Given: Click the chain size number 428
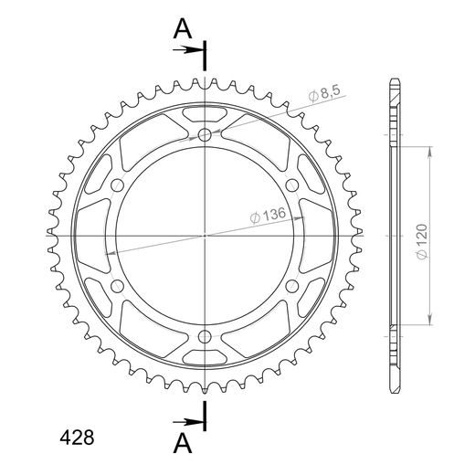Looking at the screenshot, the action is (x=77, y=438).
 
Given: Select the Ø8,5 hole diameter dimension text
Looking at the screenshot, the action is (x=324, y=92).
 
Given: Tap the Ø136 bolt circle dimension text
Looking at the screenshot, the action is (x=268, y=215).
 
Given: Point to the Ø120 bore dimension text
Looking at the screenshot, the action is (x=422, y=242).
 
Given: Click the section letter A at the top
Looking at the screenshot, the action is (x=183, y=28).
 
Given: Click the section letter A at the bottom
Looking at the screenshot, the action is (x=183, y=443).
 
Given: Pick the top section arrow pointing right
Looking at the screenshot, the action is (x=187, y=49).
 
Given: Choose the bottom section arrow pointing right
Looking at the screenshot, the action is (x=187, y=422).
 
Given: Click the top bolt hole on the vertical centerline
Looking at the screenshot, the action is (x=205, y=134).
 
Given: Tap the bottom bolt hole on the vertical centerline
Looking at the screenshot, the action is (x=205, y=337).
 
